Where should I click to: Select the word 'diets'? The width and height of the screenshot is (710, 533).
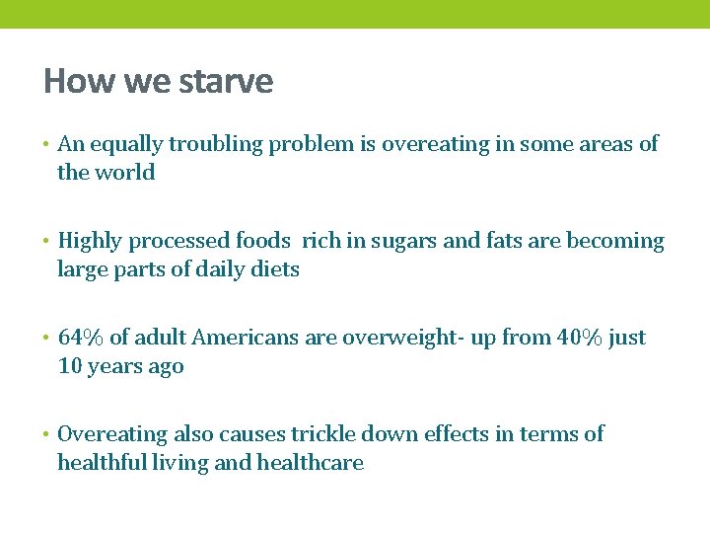pos(276,269)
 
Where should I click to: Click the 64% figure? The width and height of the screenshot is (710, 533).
pos(80,338)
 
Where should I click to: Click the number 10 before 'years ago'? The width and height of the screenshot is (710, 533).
pos(69,366)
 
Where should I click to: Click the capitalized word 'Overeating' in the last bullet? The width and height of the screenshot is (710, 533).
pos(112,434)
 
